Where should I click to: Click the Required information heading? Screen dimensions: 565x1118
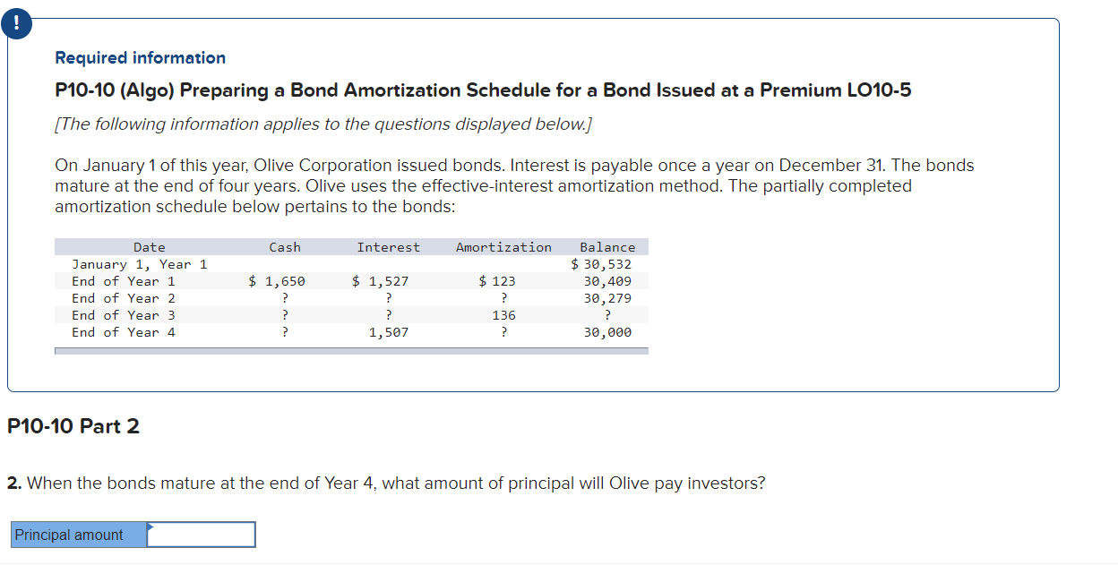pos(141,58)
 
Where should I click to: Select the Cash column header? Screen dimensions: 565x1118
pos(285,247)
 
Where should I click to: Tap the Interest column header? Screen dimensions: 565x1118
pos(388,247)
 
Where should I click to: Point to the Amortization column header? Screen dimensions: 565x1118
pos(503,247)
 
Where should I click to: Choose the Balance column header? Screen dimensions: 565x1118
pos(607,247)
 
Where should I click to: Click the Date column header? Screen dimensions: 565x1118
pos(150,247)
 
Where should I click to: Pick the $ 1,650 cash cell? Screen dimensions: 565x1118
pos(277,281)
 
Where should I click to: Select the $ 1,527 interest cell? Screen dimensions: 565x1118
pos(381,281)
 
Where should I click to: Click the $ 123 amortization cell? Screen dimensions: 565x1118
pos(497,281)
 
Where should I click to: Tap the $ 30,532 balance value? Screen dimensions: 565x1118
pos(602,264)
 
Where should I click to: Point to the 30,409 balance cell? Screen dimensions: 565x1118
pos(607,281)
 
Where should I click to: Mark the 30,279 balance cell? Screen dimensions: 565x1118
pos(607,298)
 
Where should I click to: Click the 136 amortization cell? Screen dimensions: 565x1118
pos(504,315)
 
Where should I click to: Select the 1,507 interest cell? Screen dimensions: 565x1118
pos(389,332)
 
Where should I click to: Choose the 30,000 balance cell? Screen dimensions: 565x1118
pos(607,332)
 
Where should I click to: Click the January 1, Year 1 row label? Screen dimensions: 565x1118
pos(140,264)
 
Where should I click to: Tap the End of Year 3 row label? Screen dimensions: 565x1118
pos(124,315)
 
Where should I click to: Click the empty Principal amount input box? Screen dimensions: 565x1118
pos(202,535)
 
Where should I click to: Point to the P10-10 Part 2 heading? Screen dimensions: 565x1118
pos(73,426)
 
